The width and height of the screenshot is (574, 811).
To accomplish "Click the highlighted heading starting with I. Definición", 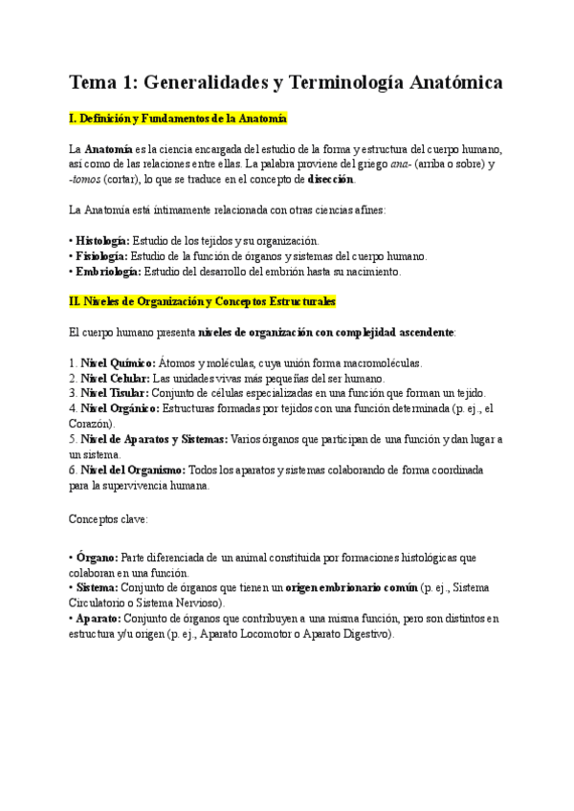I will (178, 119).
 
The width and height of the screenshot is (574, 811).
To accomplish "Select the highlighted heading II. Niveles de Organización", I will (203, 302).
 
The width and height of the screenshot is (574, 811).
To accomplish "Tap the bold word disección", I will (331, 179).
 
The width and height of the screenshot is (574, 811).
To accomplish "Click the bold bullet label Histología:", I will (102, 241).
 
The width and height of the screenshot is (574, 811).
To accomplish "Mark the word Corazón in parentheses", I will (91, 424).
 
